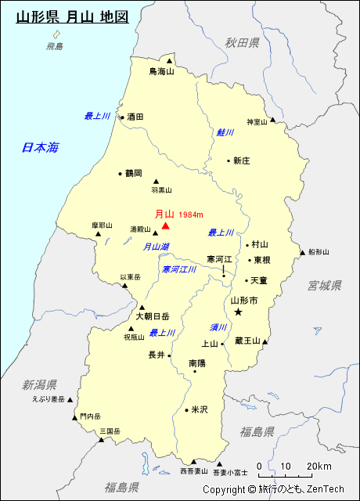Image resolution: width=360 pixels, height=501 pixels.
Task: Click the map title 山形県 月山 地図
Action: coord(72,15)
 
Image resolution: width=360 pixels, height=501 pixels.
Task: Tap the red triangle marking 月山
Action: coord(165,225)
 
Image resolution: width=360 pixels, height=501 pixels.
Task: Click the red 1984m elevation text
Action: coord(191,215)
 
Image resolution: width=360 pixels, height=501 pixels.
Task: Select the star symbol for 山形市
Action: coord(239,312)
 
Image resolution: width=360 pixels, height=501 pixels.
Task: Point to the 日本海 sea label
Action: coord(41,147)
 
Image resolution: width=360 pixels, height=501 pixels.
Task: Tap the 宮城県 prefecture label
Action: coord(325,285)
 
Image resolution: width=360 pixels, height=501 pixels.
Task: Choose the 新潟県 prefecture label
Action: coord(39,384)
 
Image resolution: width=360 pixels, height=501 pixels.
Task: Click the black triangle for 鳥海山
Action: coord(169,59)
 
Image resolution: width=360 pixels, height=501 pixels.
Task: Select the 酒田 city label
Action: coord(135,117)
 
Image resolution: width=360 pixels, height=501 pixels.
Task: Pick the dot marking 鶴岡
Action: coord(120,174)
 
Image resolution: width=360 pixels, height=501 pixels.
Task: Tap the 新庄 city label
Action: coord(241,160)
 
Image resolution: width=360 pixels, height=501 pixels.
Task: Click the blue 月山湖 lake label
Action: coord(156,247)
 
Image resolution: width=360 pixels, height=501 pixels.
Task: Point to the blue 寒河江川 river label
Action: coord(179,269)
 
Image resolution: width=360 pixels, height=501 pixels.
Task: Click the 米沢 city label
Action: coord(200,409)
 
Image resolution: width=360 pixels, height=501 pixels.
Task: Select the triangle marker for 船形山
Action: coord(303,252)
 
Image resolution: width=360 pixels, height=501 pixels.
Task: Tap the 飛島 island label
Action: coord(55,47)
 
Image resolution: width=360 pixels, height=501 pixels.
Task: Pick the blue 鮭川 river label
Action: coord(225,132)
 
